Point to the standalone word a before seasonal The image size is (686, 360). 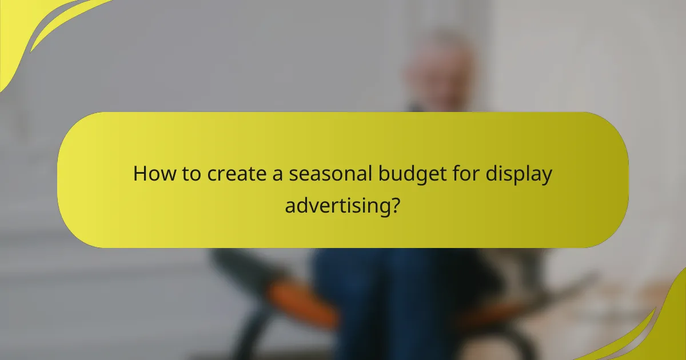click(x=278, y=174)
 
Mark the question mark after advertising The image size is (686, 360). click(x=394, y=203)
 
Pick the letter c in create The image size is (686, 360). click(x=212, y=175)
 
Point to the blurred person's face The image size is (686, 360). click(x=440, y=74)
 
